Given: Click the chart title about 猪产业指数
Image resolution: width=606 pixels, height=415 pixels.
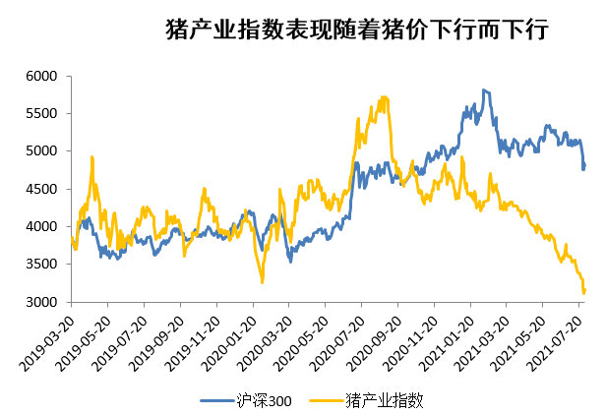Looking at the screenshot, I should (356, 30).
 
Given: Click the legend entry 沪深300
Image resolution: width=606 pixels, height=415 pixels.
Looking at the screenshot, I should (252, 400).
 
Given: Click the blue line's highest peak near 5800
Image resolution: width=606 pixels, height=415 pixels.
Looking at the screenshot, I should (483, 90).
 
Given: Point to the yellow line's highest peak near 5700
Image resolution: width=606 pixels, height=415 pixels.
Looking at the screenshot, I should (383, 97).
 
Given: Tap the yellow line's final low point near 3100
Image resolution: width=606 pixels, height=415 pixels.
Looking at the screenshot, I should (584, 293).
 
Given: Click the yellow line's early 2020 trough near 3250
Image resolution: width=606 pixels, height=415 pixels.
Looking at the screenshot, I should (262, 282).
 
